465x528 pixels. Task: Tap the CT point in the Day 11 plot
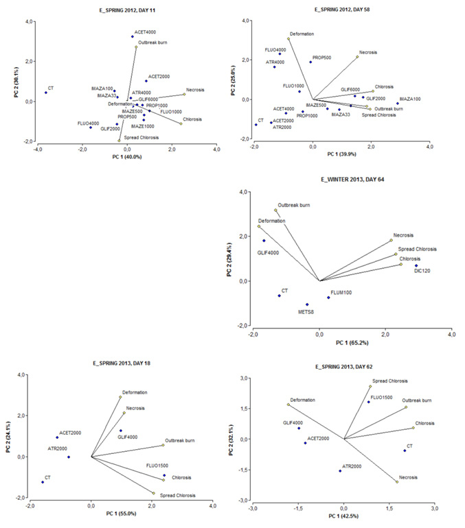click(46, 93)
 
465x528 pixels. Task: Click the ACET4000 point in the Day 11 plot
click(133, 36)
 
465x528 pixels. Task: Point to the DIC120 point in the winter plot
click(416, 265)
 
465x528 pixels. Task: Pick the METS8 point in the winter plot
click(307, 304)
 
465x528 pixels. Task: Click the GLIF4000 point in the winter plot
click(264, 241)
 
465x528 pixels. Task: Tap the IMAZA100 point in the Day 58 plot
click(397, 104)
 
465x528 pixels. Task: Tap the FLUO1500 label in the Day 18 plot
click(157, 466)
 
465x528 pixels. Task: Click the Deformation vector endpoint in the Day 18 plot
click(120, 397)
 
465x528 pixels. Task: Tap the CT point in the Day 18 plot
click(43, 482)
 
